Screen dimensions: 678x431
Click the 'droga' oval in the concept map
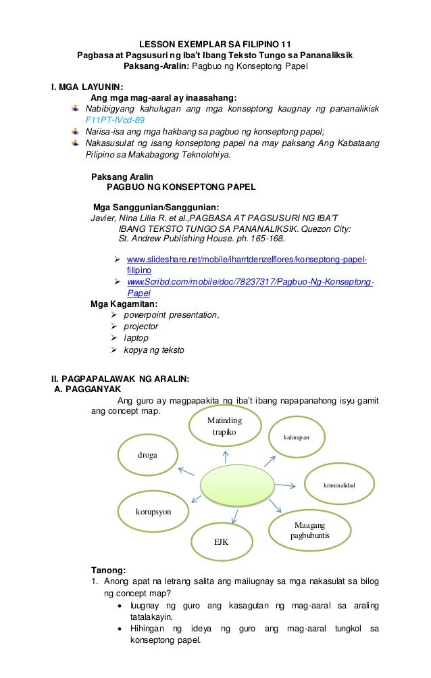click(148, 455)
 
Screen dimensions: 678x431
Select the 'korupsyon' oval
click(153, 512)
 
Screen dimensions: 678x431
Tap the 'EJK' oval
click(222, 541)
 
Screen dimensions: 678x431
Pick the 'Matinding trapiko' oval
click(224, 427)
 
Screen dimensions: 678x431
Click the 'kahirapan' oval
click(297, 437)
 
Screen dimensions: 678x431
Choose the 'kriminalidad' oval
click(338, 485)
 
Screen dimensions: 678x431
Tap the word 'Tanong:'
click(108, 568)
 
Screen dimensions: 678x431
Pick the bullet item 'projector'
click(142, 326)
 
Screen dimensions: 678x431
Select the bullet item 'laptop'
click(136, 338)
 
